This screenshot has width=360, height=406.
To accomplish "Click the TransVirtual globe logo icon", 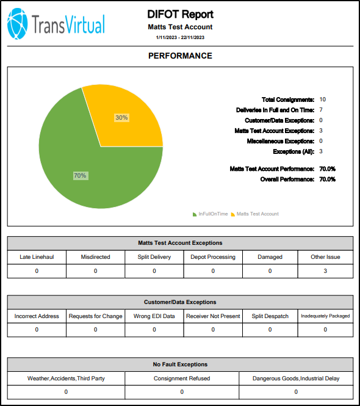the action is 17,24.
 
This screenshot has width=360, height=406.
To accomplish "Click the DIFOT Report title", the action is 180,14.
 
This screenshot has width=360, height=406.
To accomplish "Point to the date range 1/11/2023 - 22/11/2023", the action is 180,37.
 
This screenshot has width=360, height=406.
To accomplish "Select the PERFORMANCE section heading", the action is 180,56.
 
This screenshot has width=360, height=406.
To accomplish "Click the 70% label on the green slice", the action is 80,176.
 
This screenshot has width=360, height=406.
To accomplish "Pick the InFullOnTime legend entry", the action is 210,214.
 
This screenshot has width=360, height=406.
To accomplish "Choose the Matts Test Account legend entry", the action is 255,214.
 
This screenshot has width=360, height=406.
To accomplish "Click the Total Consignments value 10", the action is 322,100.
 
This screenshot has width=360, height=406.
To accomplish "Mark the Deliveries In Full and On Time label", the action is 275,110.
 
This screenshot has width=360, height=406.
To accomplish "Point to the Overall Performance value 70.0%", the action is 328,179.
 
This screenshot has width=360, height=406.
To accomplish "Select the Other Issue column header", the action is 325,257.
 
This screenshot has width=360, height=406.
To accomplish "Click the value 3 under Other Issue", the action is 325,271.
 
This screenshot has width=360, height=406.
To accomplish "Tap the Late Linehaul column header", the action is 37,257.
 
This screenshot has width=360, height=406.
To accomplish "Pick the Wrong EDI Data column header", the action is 154,316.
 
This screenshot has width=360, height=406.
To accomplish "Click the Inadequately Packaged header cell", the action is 325,316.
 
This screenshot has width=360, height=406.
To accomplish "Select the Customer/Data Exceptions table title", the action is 180,302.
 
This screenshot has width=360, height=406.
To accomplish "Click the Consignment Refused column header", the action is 182,379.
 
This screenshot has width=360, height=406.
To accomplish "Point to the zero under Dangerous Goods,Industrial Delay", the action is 296,392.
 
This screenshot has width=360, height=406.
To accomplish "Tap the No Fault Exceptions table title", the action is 180,364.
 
